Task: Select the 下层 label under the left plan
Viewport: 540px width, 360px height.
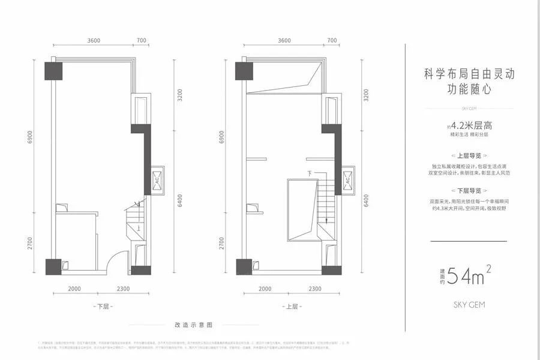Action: coord(103,306)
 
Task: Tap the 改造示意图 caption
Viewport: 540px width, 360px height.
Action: coord(193,324)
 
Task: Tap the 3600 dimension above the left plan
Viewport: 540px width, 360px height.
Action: coord(93,40)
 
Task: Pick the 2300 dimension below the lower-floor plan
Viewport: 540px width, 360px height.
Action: coord(123,289)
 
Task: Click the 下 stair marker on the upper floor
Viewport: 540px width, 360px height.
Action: coord(309,173)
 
